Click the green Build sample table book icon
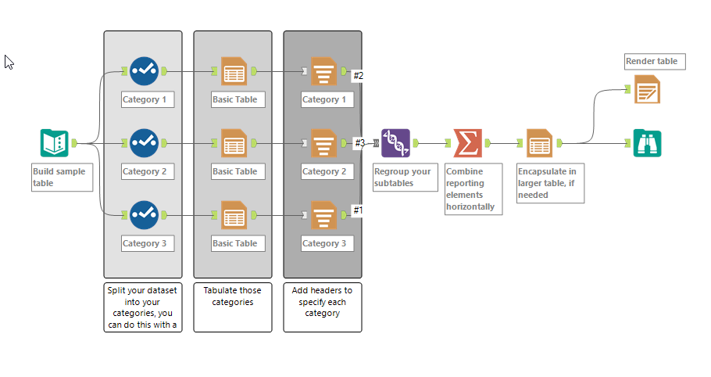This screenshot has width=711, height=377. point(55,143)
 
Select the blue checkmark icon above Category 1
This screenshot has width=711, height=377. point(144,71)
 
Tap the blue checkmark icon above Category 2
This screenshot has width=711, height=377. point(144,143)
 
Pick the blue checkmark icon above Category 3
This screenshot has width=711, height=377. point(144,215)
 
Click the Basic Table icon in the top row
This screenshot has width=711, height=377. point(234,71)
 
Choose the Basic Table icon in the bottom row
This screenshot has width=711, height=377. point(234,215)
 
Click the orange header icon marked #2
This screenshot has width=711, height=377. point(323,71)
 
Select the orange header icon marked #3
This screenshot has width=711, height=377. point(323,143)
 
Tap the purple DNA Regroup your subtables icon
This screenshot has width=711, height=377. point(396,143)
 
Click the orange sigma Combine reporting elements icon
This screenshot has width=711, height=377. point(467,143)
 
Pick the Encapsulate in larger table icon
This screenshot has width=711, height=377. point(539,143)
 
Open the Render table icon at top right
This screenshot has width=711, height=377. point(647,89)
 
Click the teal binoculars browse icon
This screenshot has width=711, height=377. point(647,143)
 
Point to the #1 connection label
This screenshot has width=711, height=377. point(358,210)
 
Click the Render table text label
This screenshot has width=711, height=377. point(655,62)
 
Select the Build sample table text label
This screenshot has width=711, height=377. point(62,177)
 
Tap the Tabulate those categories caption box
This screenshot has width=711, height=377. point(233,307)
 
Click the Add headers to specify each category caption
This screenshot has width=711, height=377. point(322,307)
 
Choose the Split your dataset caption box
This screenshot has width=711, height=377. point(143,307)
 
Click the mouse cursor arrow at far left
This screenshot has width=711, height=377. point(9,62)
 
